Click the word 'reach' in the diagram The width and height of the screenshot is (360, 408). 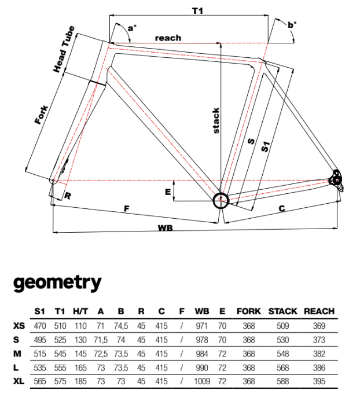tap(168, 38)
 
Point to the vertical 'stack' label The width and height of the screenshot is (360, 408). tap(216, 121)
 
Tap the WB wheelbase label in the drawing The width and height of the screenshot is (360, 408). tap(166, 227)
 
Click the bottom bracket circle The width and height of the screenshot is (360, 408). tap(221, 200)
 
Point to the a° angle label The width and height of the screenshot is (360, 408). tap(133, 27)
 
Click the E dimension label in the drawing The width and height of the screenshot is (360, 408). tap(168, 192)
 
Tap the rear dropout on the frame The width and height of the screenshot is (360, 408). tap(336, 179)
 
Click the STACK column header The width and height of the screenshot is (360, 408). tap(282, 311)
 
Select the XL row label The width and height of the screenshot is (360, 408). tap(19, 381)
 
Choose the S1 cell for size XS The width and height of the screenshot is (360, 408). tap(39, 326)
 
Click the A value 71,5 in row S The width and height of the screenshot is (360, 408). tap(101, 340)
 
